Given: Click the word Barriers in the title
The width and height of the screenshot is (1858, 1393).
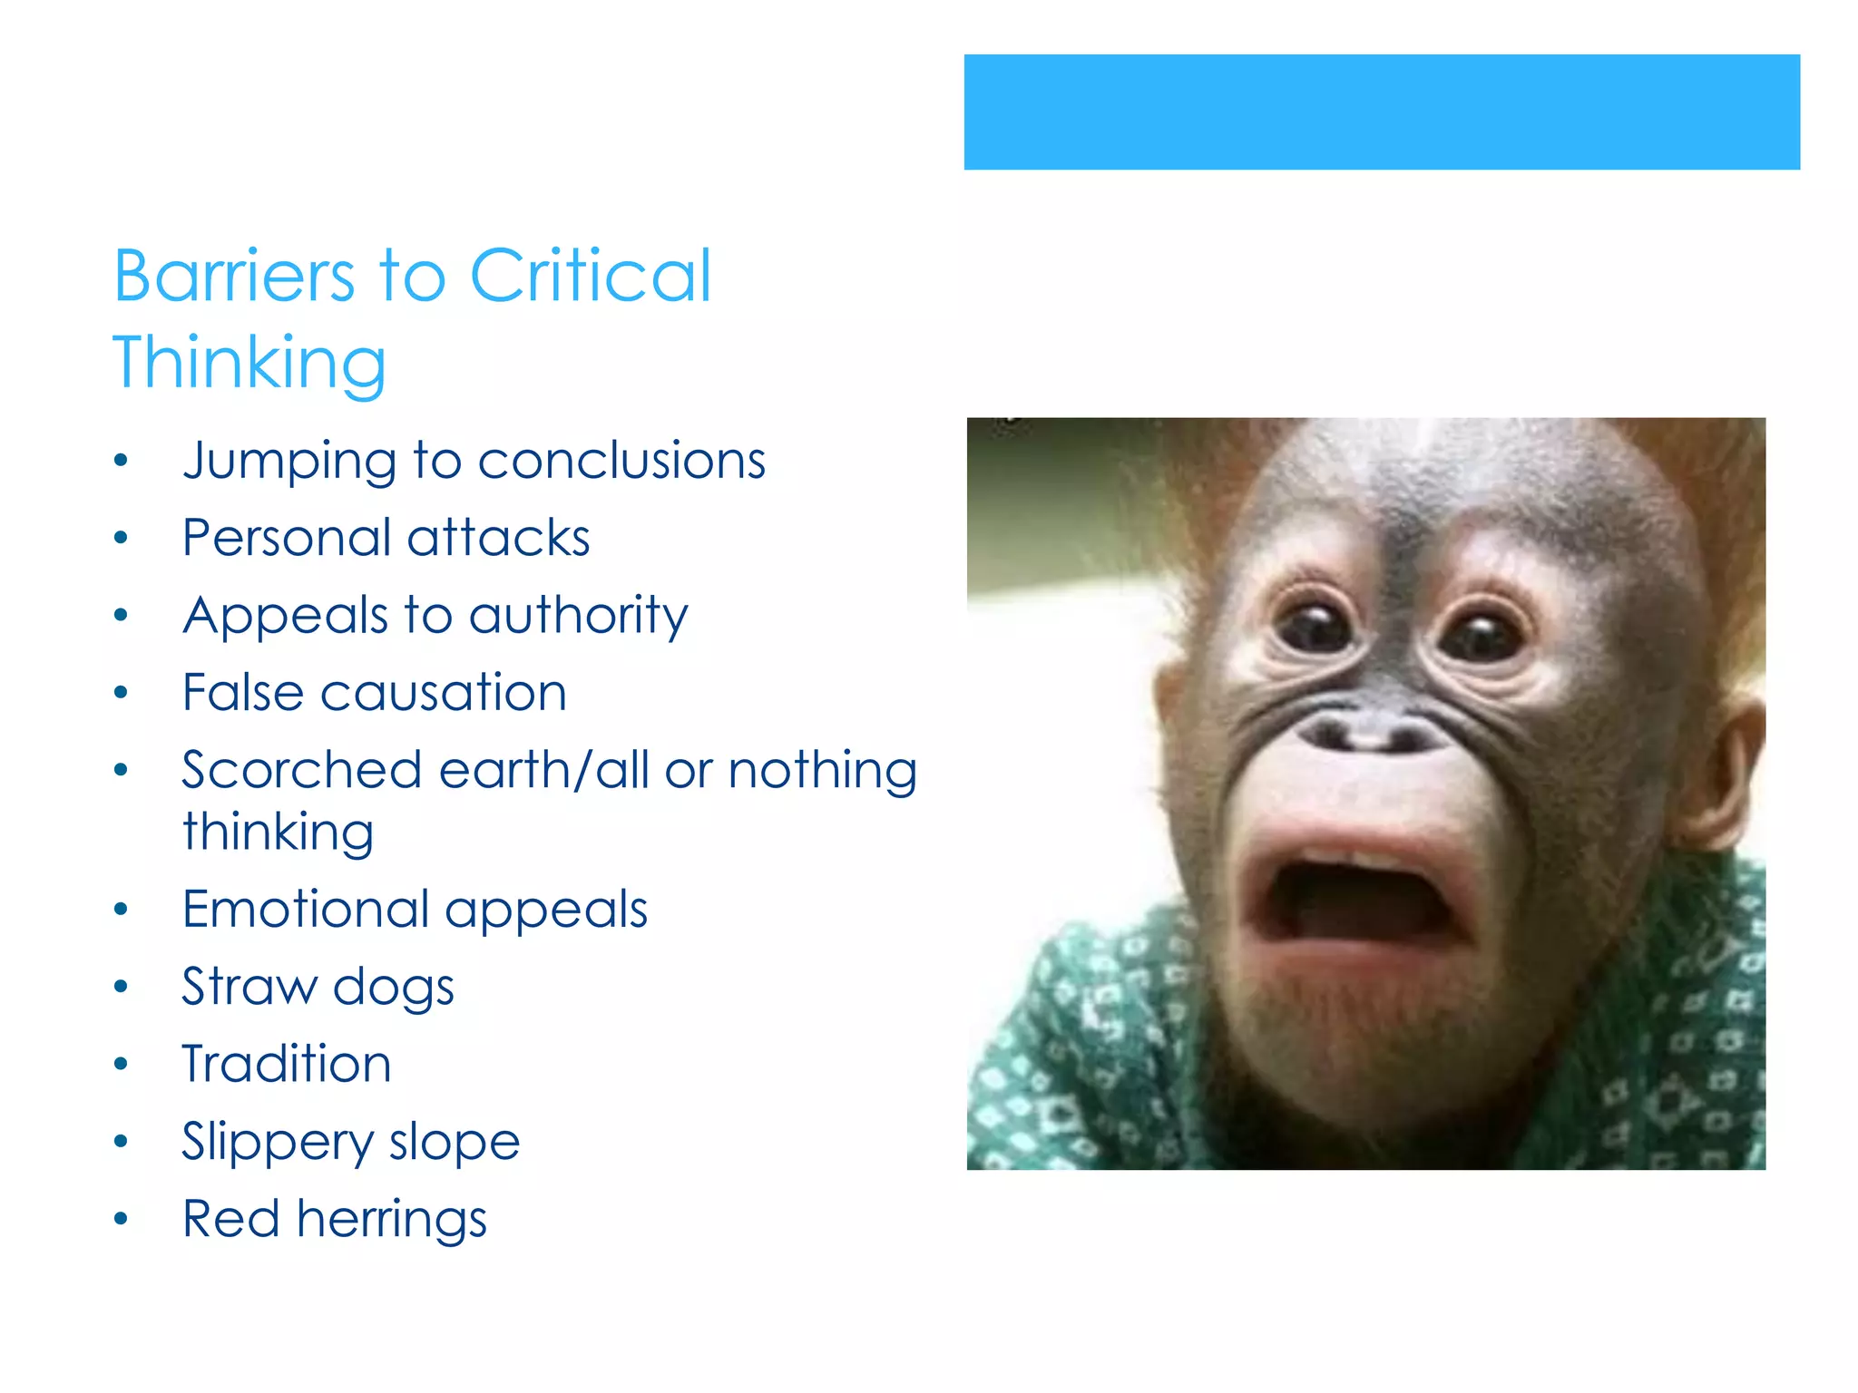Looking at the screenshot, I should (x=234, y=276).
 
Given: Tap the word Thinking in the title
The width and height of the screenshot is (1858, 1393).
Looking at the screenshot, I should (x=249, y=363).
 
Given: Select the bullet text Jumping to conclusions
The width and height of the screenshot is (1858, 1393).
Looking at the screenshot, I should (x=474, y=461).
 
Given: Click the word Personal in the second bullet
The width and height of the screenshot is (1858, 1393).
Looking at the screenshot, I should (x=287, y=539).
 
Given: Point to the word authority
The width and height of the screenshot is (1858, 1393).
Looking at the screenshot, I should (x=578, y=617).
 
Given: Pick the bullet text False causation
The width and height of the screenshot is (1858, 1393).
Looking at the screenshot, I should (x=374, y=693).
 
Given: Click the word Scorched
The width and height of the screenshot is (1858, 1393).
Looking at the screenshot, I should (x=301, y=771).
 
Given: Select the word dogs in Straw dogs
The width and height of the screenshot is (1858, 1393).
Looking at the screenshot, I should (x=393, y=988).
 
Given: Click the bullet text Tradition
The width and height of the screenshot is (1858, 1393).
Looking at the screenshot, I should (x=287, y=1064).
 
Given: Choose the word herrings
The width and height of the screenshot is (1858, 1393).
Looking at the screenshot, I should (x=392, y=1219).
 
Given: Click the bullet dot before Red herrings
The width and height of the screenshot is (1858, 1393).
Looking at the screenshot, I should (x=122, y=1219).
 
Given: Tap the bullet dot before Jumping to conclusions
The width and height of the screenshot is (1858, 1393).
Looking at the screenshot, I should (x=122, y=461).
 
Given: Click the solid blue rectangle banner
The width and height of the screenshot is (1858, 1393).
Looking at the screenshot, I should (x=1381, y=112).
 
